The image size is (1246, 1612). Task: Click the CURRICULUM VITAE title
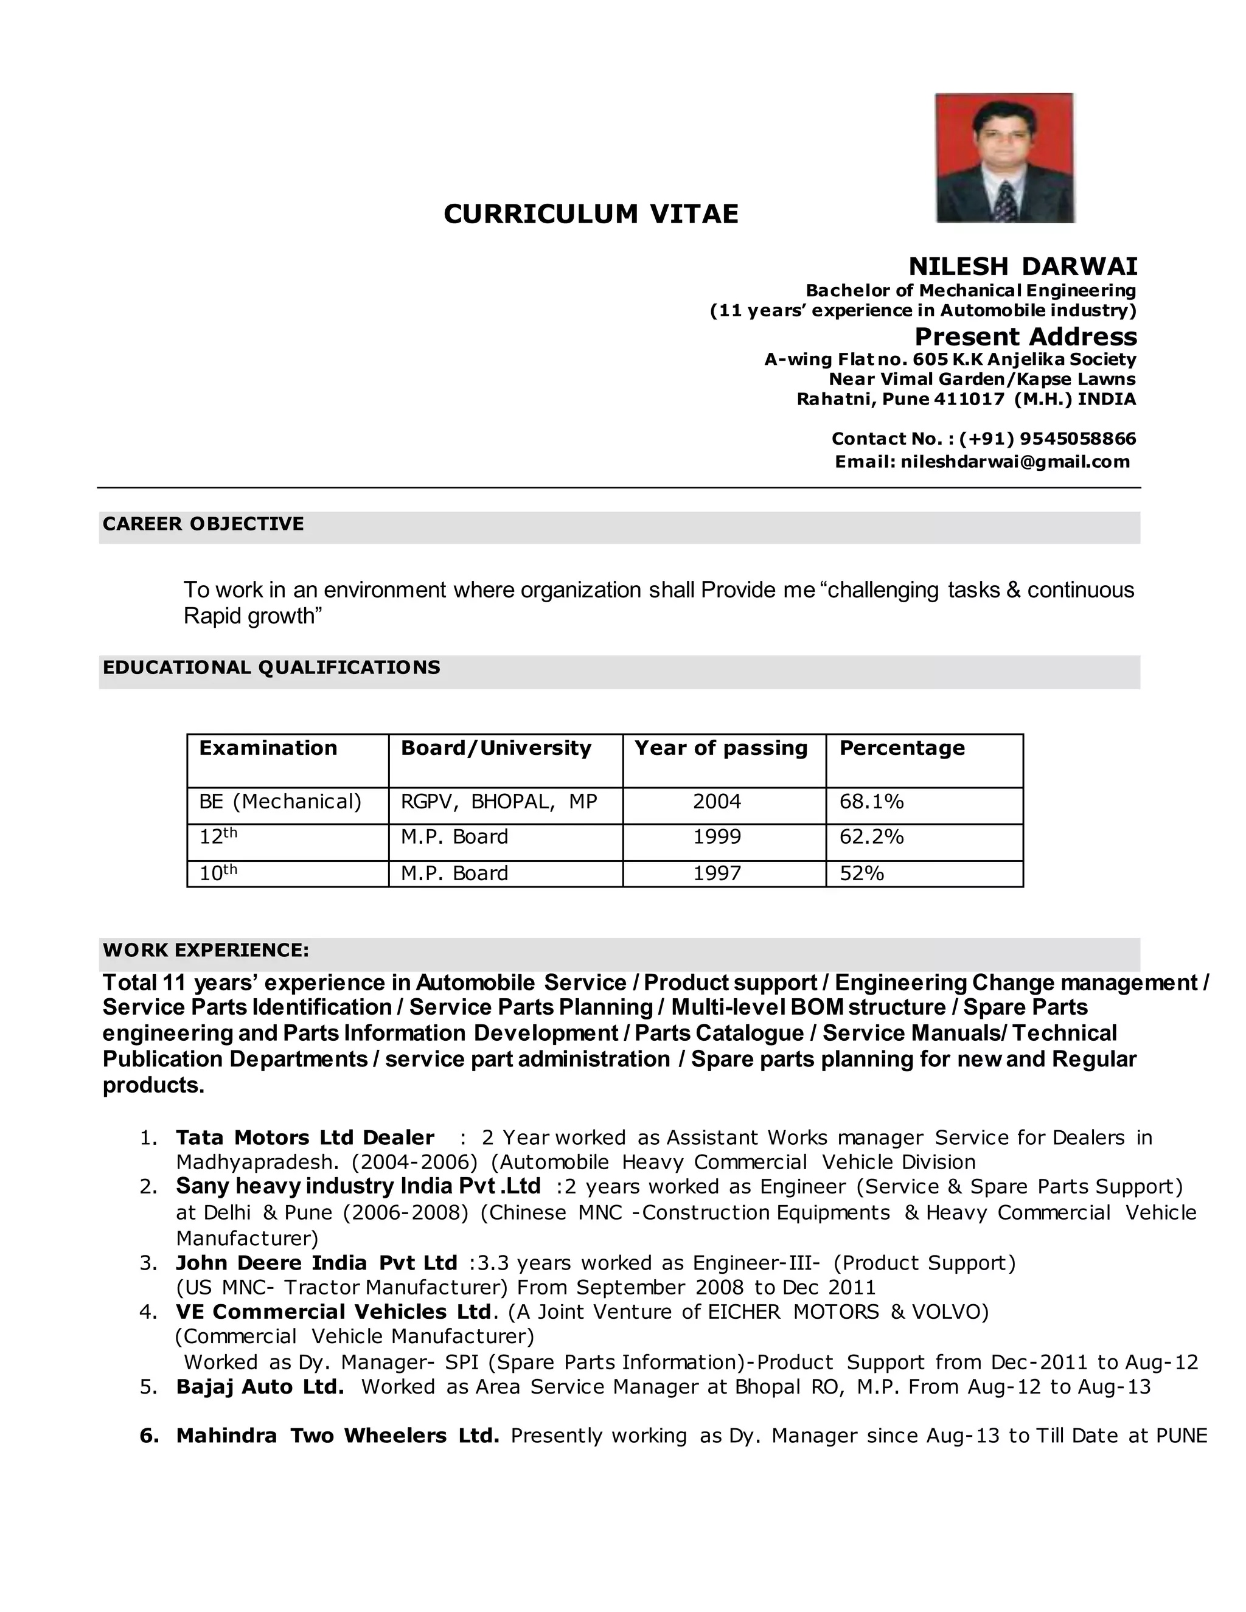pyautogui.click(x=591, y=214)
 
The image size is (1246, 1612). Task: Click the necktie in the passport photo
pyautogui.click(x=1004, y=201)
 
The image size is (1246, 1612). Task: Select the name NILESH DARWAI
pyautogui.click(x=1022, y=266)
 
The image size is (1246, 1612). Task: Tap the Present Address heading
pyautogui.click(x=1025, y=336)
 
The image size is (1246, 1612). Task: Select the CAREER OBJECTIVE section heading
pyautogui.click(x=203, y=524)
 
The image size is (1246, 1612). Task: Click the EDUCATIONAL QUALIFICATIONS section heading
pyautogui.click(x=271, y=667)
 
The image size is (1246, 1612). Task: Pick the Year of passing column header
pyautogui.click(x=721, y=748)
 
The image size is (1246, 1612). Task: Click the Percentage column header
pyautogui.click(x=902, y=748)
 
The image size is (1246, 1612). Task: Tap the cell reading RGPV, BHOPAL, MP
pyautogui.click(x=498, y=802)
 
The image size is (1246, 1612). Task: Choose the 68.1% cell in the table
pyautogui.click(x=871, y=802)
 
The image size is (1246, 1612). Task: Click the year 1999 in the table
pyautogui.click(x=717, y=837)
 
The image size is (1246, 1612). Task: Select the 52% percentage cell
pyautogui.click(x=861, y=874)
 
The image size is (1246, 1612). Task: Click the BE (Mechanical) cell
pyautogui.click(x=280, y=802)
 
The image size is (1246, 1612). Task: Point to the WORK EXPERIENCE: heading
pyautogui.click(x=206, y=950)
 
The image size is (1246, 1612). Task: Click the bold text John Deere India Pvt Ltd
pyautogui.click(x=316, y=1263)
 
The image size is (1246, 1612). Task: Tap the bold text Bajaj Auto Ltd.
pyautogui.click(x=260, y=1387)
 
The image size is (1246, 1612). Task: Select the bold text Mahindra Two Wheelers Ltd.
pyautogui.click(x=337, y=1436)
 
